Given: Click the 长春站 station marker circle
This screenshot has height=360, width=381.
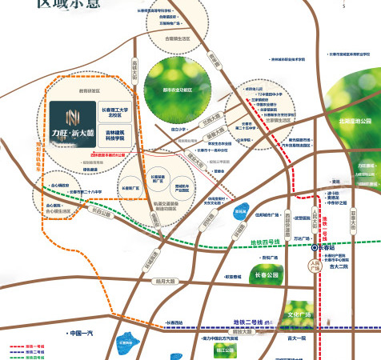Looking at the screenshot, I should point(315,248).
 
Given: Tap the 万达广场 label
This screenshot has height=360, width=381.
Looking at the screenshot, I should point(300,238).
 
